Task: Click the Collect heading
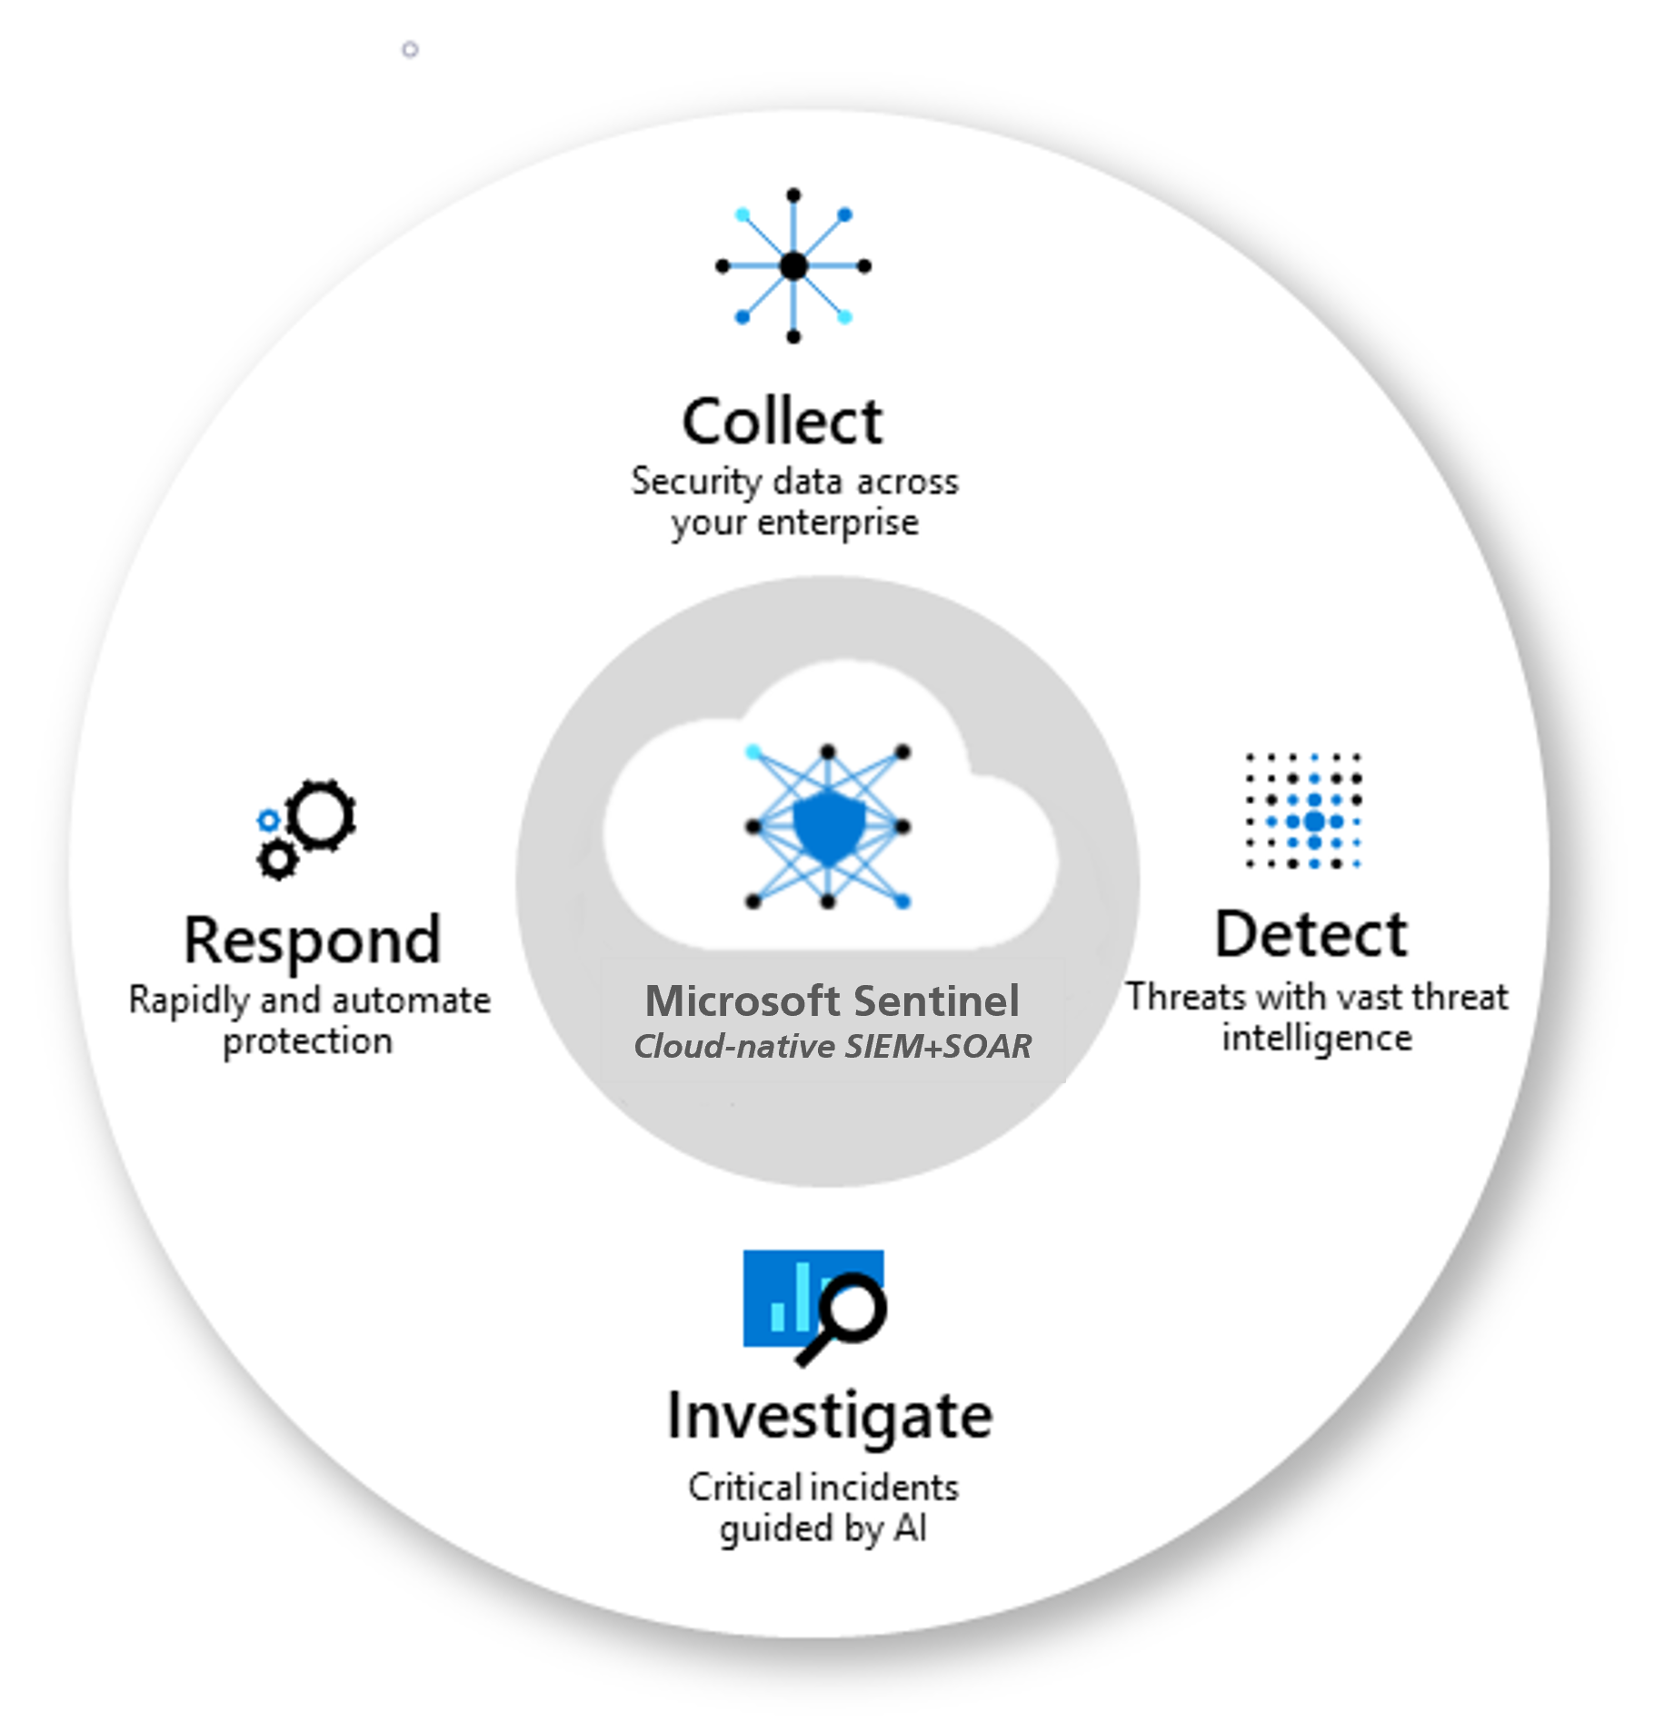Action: pyautogui.click(x=782, y=423)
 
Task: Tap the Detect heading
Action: pyautogui.click(x=1311, y=934)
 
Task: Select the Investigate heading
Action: pyautogui.click(x=829, y=1416)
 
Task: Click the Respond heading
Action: pyautogui.click(x=312, y=941)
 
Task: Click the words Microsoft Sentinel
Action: pyautogui.click(x=832, y=1000)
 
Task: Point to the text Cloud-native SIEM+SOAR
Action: pyautogui.click(x=832, y=1046)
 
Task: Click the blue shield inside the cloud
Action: pyautogui.click(x=828, y=826)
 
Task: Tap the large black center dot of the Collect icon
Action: pyautogui.click(x=793, y=265)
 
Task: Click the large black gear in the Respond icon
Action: pyautogui.click(x=323, y=814)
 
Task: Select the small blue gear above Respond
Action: pyautogui.click(x=267, y=820)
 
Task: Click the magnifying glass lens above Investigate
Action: pyautogui.click(x=852, y=1308)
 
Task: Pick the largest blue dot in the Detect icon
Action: pyautogui.click(x=1313, y=821)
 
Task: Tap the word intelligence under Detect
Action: pyautogui.click(x=1316, y=1038)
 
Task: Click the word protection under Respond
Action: pyautogui.click(x=307, y=1041)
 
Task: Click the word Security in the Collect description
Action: pyautogui.click(x=696, y=482)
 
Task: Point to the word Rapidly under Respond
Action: pyautogui.click(x=188, y=1000)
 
